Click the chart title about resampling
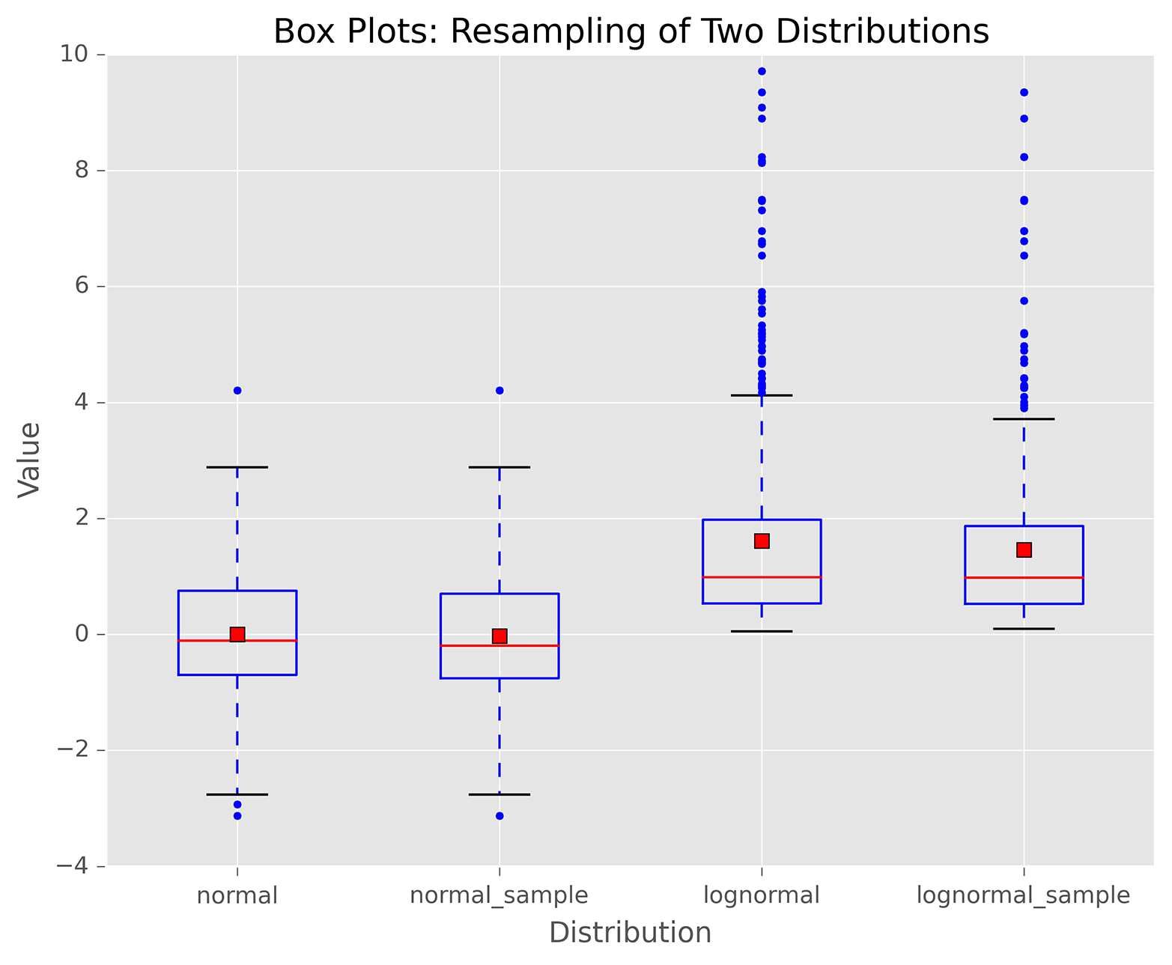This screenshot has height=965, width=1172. coord(631,32)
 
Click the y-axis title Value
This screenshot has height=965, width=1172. coord(30,459)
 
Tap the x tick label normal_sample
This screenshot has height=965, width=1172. coord(499,895)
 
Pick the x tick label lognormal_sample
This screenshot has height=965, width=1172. coord(1023,895)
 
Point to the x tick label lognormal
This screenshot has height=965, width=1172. coord(762,895)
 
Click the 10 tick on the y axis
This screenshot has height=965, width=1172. coord(74,55)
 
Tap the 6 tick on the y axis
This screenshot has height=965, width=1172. coord(80,287)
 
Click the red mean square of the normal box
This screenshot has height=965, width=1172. coord(237,634)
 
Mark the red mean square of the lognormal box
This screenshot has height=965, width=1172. coord(762,541)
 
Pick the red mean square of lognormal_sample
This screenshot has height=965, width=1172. coord(1024,550)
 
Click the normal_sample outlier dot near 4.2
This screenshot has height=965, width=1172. coord(500,390)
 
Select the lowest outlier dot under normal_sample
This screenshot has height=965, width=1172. coord(500,816)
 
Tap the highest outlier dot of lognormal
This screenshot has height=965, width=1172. coord(762,71)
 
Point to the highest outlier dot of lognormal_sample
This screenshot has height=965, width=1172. coord(1024,92)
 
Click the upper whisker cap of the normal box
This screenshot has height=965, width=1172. coord(237,467)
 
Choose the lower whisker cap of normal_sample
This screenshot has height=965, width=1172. coord(500,794)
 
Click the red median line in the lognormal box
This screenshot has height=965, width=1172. coord(762,577)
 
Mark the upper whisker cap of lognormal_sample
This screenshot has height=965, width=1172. coord(1024,419)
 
